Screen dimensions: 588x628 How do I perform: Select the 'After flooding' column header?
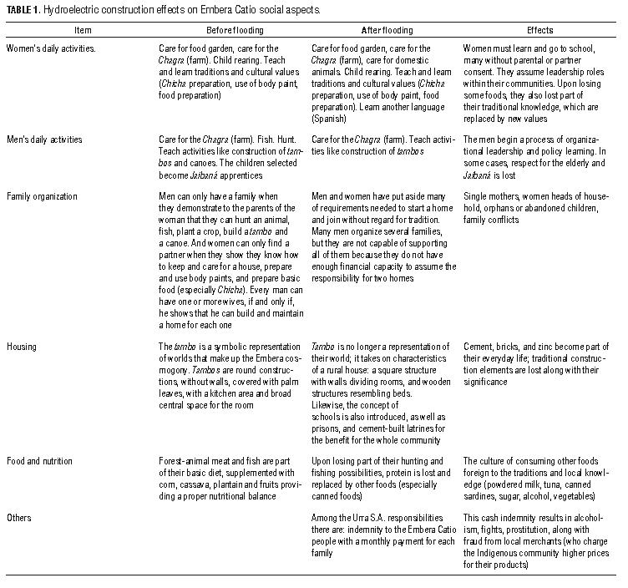coord(346,28)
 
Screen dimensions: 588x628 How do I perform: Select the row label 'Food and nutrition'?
coord(39,460)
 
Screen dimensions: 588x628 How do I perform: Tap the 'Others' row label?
coord(19,518)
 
